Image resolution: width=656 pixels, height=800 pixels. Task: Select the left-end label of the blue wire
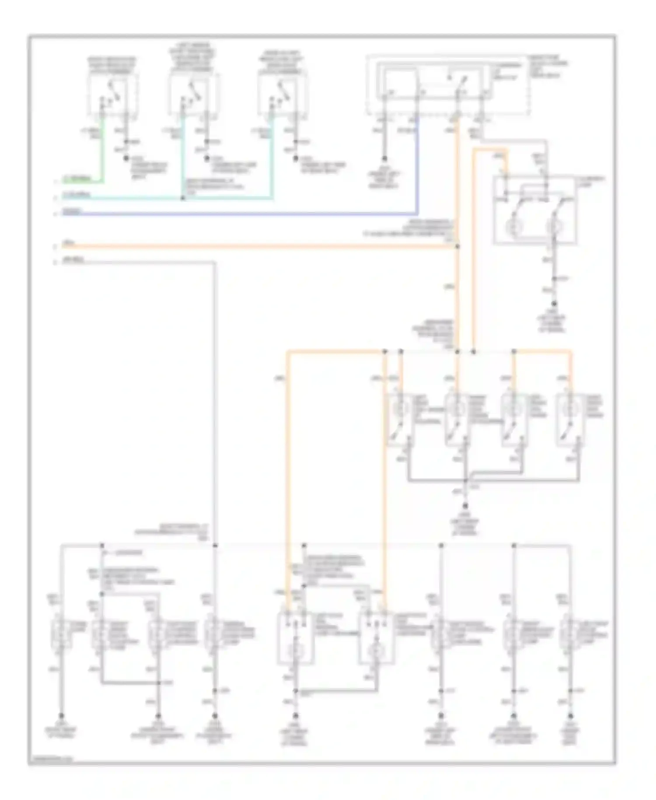tap(70, 211)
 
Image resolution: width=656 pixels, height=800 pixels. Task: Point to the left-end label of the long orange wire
tap(68, 243)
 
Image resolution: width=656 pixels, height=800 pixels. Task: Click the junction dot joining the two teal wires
tap(183, 198)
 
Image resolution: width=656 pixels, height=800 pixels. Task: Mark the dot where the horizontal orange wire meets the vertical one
tap(457, 247)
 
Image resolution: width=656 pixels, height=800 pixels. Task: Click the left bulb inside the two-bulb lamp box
tap(512, 227)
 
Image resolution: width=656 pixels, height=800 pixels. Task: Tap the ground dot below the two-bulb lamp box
tap(554, 303)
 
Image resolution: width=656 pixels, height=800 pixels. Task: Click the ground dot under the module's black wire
tap(384, 158)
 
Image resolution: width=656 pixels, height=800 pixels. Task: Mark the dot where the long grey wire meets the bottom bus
tap(215, 545)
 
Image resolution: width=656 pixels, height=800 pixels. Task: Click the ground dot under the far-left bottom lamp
tap(61, 716)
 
